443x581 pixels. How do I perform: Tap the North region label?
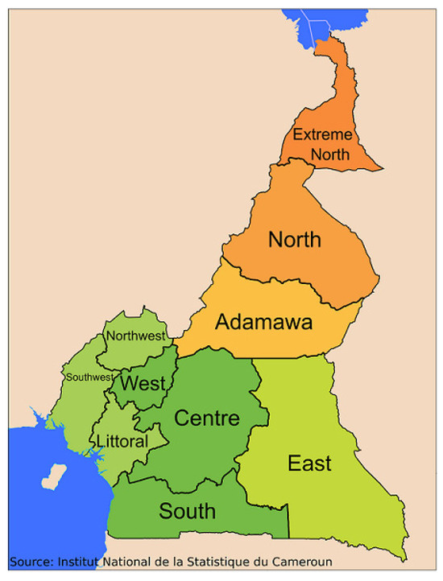(x=295, y=239)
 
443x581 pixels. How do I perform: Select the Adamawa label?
(x=264, y=323)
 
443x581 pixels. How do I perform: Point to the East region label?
(x=310, y=464)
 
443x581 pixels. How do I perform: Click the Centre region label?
(x=207, y=418)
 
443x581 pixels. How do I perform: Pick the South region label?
(x=187, y=511)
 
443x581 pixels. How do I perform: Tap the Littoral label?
(x=122, y=442)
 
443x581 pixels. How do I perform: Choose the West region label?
(x=143, y=383)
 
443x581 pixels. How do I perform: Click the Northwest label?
(x=135, y=336)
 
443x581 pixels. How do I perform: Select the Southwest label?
(x=89, y=377)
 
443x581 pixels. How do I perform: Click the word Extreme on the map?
(x=322, y=134)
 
